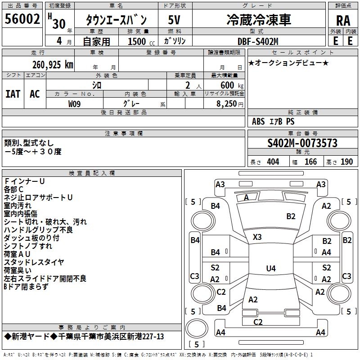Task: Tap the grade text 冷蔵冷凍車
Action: point(258,20)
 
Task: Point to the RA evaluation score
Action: point(343,21)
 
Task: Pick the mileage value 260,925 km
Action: point(52,65)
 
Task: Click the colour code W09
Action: point(75,103)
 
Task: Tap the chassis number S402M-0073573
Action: point(302,143)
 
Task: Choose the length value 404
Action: point(273,162)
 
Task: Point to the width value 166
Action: point(310,162)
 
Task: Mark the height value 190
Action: point(346,162)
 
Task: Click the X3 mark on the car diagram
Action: point(257,237)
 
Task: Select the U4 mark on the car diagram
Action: point(270,269)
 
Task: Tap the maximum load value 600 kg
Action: point(233,85)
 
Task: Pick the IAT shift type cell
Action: point(13,94)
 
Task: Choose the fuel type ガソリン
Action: point(175,41)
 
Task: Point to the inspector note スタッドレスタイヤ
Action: point(34,262)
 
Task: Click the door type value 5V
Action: point(175,20)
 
